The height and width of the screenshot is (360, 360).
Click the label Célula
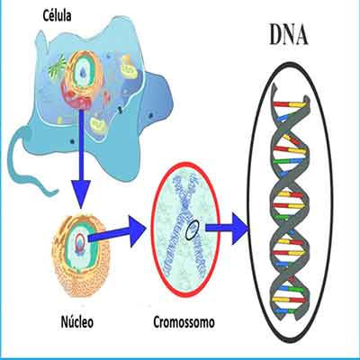[57, 15]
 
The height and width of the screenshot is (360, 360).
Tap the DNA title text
[288, 34]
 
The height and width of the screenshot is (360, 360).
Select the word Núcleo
[77, 321]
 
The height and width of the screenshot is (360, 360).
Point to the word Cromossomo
[184, 322]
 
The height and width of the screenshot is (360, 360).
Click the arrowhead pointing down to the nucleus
[81, 194]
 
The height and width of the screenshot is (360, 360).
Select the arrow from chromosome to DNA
[227, 228]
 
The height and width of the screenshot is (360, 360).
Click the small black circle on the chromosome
[192, 229]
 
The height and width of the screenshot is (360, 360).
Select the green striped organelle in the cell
[58, 68]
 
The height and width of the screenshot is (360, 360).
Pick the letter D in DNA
[275, 34]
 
